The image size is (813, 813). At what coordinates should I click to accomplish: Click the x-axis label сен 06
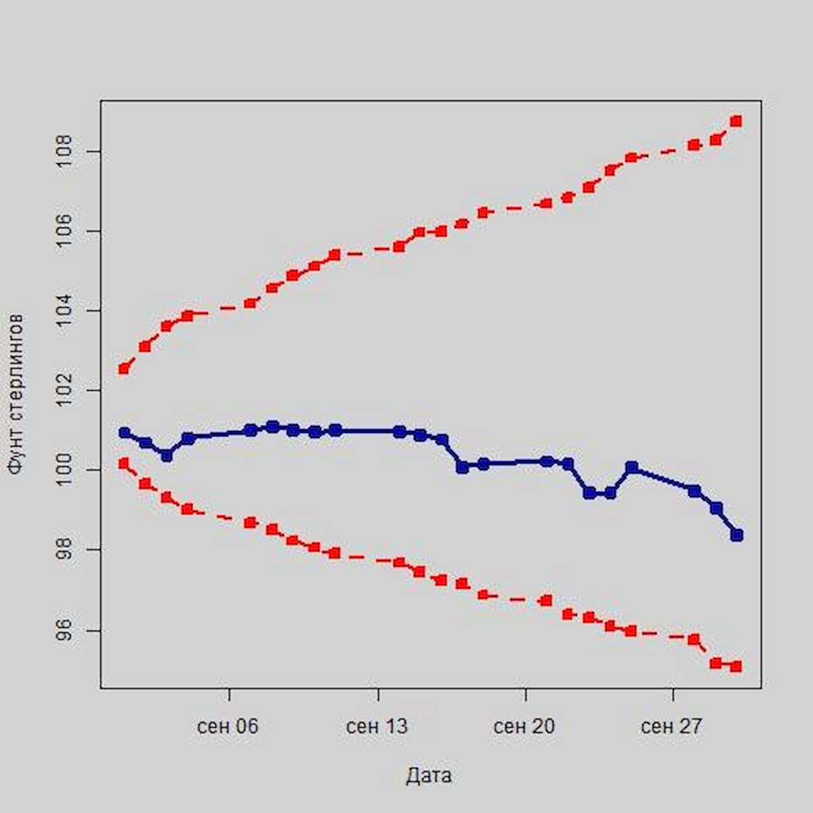pyautogui.click(x=228, y=727)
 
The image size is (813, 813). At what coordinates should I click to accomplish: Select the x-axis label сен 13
pyautogui.click(x=377, y=727)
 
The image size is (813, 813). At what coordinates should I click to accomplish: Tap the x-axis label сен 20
pyautogui.click(x=524, y=727)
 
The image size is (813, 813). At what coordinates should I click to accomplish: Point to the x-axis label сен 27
pyautogui.click(x=671, y=727)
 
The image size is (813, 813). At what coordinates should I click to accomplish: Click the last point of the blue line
pyautogui.click(x=737, y=535)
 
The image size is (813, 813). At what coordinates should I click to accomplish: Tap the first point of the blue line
pyautogui.click(x=124, y=432)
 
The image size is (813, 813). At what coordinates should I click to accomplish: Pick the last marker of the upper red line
pyautogui.click(x=736, y=121)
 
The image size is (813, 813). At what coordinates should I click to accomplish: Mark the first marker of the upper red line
pyautogui.click(x=124, y=369)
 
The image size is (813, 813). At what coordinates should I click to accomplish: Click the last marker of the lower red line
pyautogui.click(x=736, y=667)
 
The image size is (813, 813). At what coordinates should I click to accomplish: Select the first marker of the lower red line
pyautogui.click(x=123, y=463)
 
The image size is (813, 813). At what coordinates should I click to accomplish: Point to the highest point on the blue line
pyautogui.click(x=272, y=426)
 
